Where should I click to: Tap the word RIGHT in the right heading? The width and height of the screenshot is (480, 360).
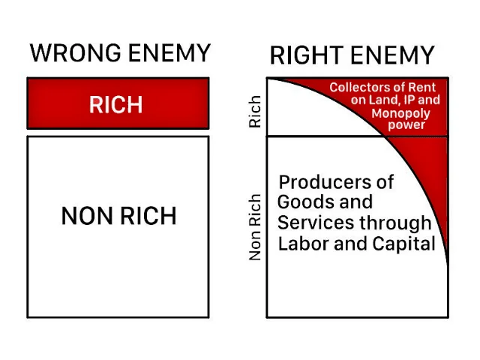(307, 55)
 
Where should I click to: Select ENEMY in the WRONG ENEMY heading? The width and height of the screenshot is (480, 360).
(169, 52)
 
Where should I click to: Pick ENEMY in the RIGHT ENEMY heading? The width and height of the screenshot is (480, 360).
(393, 55)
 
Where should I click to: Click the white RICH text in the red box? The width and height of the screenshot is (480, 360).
(116, 105)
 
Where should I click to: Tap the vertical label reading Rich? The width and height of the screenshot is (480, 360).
(255, 112)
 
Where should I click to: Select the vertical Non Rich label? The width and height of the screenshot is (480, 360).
(255, 226)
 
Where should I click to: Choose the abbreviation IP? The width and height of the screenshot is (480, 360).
(409, 100)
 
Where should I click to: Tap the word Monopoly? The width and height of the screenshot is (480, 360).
(400, 113)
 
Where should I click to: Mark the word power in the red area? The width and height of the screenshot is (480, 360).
(406, 125)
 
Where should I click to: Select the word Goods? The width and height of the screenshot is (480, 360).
(306, 202)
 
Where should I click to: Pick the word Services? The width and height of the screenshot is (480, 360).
(316, 223)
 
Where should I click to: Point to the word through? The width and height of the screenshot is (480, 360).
(395, 223)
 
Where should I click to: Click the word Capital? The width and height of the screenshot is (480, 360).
(404, 244)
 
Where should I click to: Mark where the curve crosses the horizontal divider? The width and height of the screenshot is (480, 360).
(385, 136)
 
